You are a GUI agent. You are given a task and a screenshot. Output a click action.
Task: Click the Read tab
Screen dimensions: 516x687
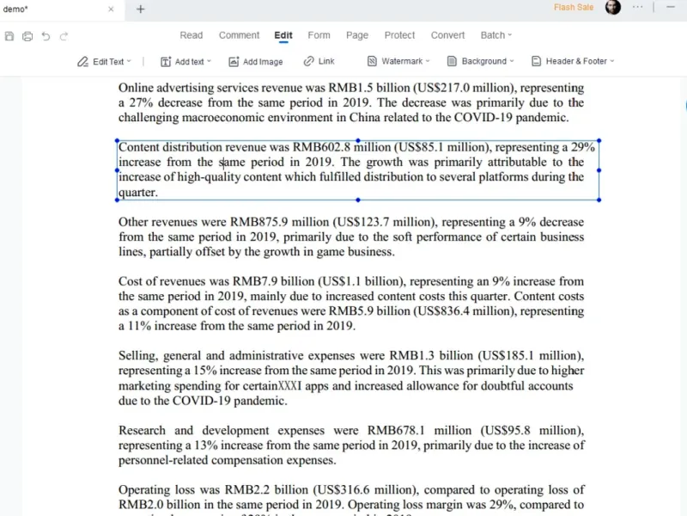pos(191,35)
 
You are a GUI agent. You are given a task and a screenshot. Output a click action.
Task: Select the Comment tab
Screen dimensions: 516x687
pos(239,35)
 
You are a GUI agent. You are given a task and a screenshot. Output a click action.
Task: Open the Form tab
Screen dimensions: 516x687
pos(319,35)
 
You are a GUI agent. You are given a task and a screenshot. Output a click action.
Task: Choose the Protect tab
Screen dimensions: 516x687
pos(399,35)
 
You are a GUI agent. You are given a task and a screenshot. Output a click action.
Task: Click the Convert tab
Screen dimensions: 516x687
pos(447,35)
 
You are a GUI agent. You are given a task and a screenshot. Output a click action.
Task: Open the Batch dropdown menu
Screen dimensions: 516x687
pos(495,35)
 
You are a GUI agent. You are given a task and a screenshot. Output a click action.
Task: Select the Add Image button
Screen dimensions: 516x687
pos(256,62)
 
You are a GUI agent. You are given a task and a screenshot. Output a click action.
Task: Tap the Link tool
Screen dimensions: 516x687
pos(319,62)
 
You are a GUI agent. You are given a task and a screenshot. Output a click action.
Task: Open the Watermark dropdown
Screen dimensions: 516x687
pos(399,62)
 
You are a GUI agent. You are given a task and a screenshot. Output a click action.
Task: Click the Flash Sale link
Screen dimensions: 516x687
pos(574,8)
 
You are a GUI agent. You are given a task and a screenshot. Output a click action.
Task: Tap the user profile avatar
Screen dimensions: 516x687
pos(612,8)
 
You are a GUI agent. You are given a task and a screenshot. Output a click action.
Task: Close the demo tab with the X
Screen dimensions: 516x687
pos(111,9)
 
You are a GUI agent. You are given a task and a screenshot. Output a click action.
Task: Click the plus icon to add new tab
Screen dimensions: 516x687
pos(141,9)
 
